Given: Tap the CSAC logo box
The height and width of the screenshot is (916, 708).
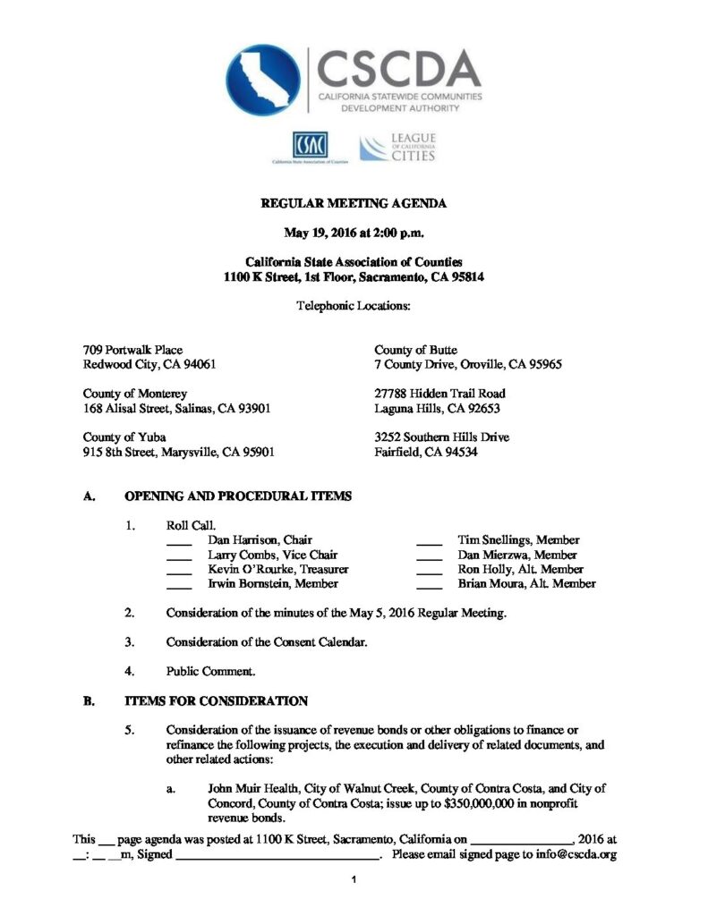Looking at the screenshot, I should pyautogui.click(x=310, y=144).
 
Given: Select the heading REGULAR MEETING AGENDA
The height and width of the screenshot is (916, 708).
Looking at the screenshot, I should pyautogui.click(x=354, y=204).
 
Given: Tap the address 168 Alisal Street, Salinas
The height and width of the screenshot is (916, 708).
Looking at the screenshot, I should pyautogui.click(x=176, y=408).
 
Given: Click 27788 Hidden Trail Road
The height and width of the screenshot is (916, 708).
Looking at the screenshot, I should pyautogui.click(x=439, y=394).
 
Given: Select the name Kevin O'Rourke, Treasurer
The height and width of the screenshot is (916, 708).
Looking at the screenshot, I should pyautogui.click(x=277, y=569).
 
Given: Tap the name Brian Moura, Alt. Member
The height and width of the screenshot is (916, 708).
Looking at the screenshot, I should pyautogui.click(x=526, y=583).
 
